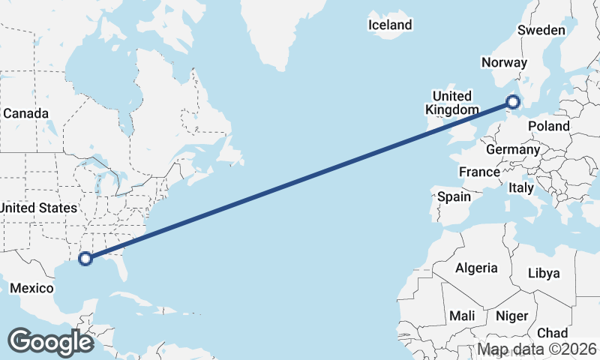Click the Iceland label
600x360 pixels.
[x=390, y=25]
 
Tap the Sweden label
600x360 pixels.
[x=541, y=30]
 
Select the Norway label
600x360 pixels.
[x=505, y=63]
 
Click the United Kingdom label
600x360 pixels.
[x=452, y=103]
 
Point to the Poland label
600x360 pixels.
[x=548, y=126]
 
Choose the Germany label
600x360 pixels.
[x=513, y=149]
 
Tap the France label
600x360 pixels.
[x=479, y=172]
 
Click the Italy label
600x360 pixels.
[x=521, y=187]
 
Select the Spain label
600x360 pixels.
[x=454, y=197]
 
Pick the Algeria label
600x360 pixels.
[x=476, y=268]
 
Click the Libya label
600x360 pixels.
[x=544, y=273]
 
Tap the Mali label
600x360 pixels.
[x=462, y=316]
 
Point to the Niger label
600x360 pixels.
[x=512, y=316]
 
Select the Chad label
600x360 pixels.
[x=553, y=332]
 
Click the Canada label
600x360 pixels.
[x=25, y=113]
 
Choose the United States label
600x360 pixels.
[x=37, y=208]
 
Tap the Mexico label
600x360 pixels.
[x=32, y=288]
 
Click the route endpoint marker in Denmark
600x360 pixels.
[x=514, y=101]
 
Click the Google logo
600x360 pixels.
[x=50, y=341]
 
